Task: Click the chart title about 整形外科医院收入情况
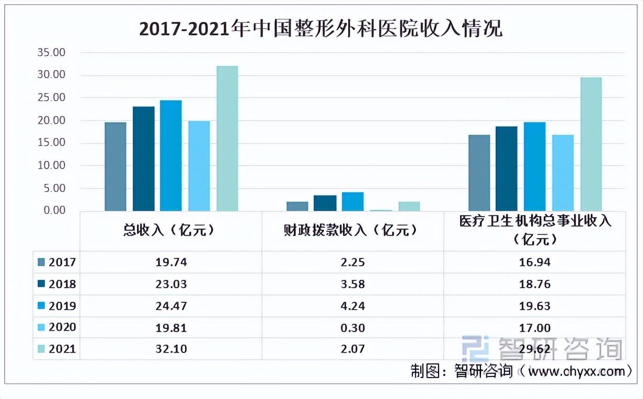click(321, 29)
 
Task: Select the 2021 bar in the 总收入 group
click(227, 138)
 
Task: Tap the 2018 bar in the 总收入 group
click(144, 159)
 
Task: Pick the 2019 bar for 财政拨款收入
click(353, 202)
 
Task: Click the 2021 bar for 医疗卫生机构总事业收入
click(591, 144)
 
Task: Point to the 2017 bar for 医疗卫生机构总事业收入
click(479, 173)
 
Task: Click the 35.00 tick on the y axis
click(51, 53)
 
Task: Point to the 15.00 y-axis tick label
click(51, 143)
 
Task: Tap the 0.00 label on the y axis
click(53, 210)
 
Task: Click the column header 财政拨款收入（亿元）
click(353, 230)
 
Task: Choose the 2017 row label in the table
click(62, 262)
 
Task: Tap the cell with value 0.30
click(353, 328)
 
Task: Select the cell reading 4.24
click(353, 306)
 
